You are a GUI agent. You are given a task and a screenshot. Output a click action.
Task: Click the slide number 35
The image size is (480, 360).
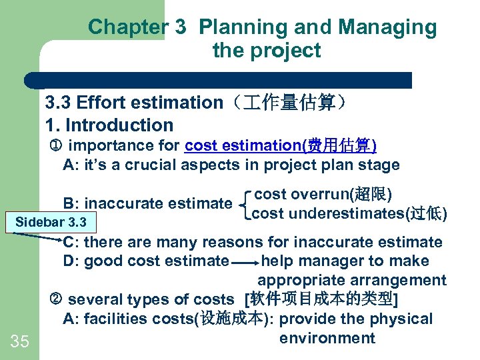click(x=20, y=342)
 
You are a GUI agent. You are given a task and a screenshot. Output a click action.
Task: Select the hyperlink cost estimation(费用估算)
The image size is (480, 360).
click(x=281, y=145)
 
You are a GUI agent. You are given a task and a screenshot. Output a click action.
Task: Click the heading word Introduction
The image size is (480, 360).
click(x=119, y=125)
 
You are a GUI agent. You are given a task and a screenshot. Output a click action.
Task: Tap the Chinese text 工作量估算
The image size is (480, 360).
click(x=285, y=103)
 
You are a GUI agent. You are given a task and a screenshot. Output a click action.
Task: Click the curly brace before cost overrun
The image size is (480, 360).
click(x=247, y=204)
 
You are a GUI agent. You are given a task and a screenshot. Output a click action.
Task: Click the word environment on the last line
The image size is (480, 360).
click(x=327, y=338)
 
